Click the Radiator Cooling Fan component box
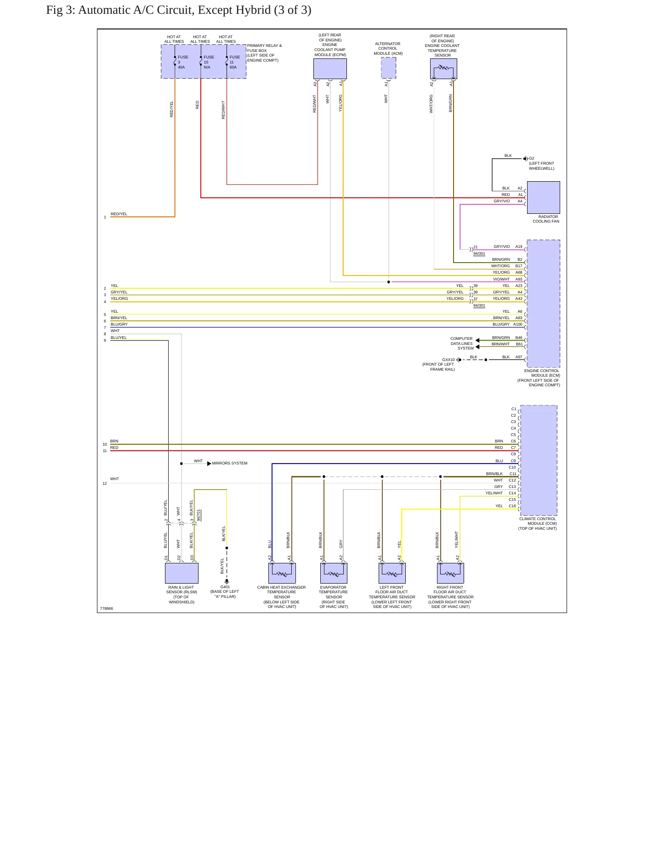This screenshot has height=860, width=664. click(x=543, y=197)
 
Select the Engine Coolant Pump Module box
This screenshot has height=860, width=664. click(x=330, y=69)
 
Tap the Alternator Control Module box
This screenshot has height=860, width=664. click(x=388, y=68)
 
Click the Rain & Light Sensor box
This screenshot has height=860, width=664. click(x=182, y=573)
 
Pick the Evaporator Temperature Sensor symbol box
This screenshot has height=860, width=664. click(x=334, y=573)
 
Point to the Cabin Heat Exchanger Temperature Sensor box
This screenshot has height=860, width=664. click(x=282, y=573)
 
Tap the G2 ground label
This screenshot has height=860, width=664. click(x=532, y=158)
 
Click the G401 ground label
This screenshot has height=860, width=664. click(x=225, y=587)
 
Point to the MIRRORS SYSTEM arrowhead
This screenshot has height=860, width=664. click(x=209, y=464)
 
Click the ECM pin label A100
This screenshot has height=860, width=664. click(x=518, y=324)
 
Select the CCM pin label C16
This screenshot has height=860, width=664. click(x=512, y=506)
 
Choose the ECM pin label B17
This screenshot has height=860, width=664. click(x=519, y=266)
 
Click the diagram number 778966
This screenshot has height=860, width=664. click(x=106, y=608)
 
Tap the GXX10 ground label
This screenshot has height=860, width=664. click(x=448, y=360)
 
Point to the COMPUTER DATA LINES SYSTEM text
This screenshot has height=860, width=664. click(x=462, y=344)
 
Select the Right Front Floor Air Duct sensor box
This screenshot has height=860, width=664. click(x=450, y=573)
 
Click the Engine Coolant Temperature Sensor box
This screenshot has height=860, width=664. click(x=443, y=69)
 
